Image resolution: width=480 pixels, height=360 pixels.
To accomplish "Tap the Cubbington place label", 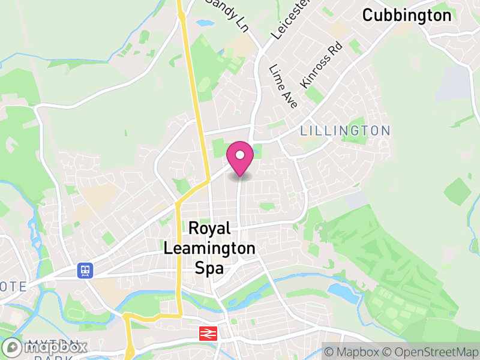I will (407, 16).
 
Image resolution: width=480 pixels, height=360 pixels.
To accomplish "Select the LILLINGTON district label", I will (345, 130).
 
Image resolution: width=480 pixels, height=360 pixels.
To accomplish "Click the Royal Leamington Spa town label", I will (209, 248).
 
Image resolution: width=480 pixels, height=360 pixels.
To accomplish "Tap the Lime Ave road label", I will (283, 86).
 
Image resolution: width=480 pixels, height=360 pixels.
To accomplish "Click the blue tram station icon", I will (85, 271).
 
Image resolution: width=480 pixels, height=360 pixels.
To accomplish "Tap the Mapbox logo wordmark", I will (47, 347).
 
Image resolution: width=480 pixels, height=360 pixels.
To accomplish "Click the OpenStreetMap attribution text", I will (430, 352).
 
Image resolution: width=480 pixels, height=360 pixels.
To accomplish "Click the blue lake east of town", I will (343, 292).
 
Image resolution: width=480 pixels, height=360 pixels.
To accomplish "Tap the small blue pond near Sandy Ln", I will (204, 23).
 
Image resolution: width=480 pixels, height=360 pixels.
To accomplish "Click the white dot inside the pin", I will (240, 155).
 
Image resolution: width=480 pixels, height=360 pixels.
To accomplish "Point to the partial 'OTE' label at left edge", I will (13, 287).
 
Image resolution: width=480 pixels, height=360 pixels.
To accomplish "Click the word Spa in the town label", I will (209, 268).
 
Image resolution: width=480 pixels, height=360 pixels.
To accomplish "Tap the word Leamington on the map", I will (209, 248).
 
